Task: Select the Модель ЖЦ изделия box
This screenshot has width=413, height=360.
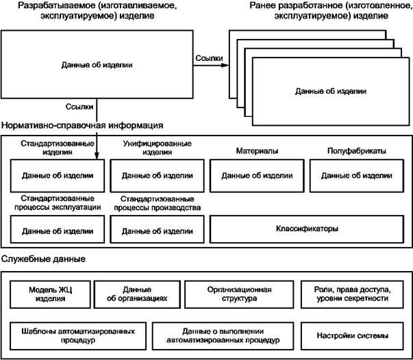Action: (x=51, y=294)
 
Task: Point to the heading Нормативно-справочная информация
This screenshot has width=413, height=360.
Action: (x=82, y=126)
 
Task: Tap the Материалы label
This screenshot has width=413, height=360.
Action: (x=257, y=150)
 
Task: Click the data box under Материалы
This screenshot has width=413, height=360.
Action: (x=257, y=175)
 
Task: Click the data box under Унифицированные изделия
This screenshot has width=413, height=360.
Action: (x=156, y=175)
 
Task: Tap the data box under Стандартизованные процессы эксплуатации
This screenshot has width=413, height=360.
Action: (x=57, y=230)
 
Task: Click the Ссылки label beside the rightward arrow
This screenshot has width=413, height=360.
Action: (x=208, y=60)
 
